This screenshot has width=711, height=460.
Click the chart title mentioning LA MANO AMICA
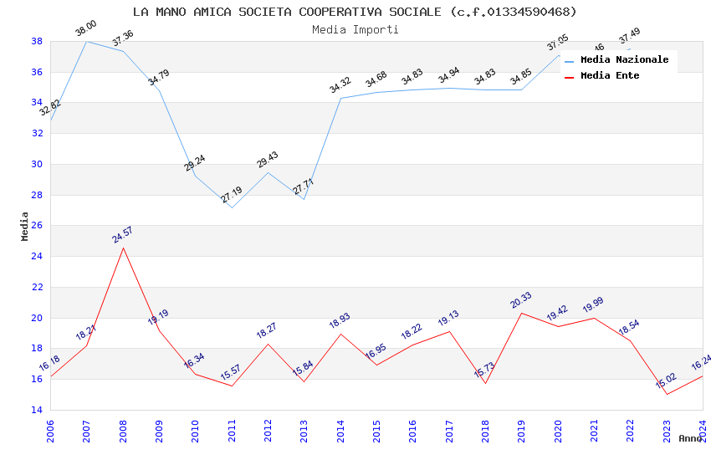(x=355, y=12)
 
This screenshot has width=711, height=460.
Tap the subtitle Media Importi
(x=355, y=29)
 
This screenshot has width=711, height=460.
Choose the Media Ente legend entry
(x=610, y=76)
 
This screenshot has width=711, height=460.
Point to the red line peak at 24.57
(x=124, y=248)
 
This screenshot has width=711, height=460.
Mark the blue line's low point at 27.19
(x=232, y=207)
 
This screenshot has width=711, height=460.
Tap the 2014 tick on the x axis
(x=340, y=432)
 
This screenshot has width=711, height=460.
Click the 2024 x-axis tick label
(x=703, y=432)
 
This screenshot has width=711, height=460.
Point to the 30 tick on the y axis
(x=38, y=164)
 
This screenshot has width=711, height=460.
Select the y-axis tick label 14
(x=38, y=410)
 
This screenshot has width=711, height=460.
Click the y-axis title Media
(x=25, y=226)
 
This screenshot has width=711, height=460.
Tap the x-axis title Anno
(x=690, y=439)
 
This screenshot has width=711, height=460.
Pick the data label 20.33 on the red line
(x=522, y=300)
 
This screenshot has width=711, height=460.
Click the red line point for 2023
(x=667, y=394)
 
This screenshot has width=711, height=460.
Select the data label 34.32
(x=340, y=85)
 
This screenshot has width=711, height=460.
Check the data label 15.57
(x=232, y=373)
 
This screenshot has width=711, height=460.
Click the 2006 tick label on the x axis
(x=51, y=432)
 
